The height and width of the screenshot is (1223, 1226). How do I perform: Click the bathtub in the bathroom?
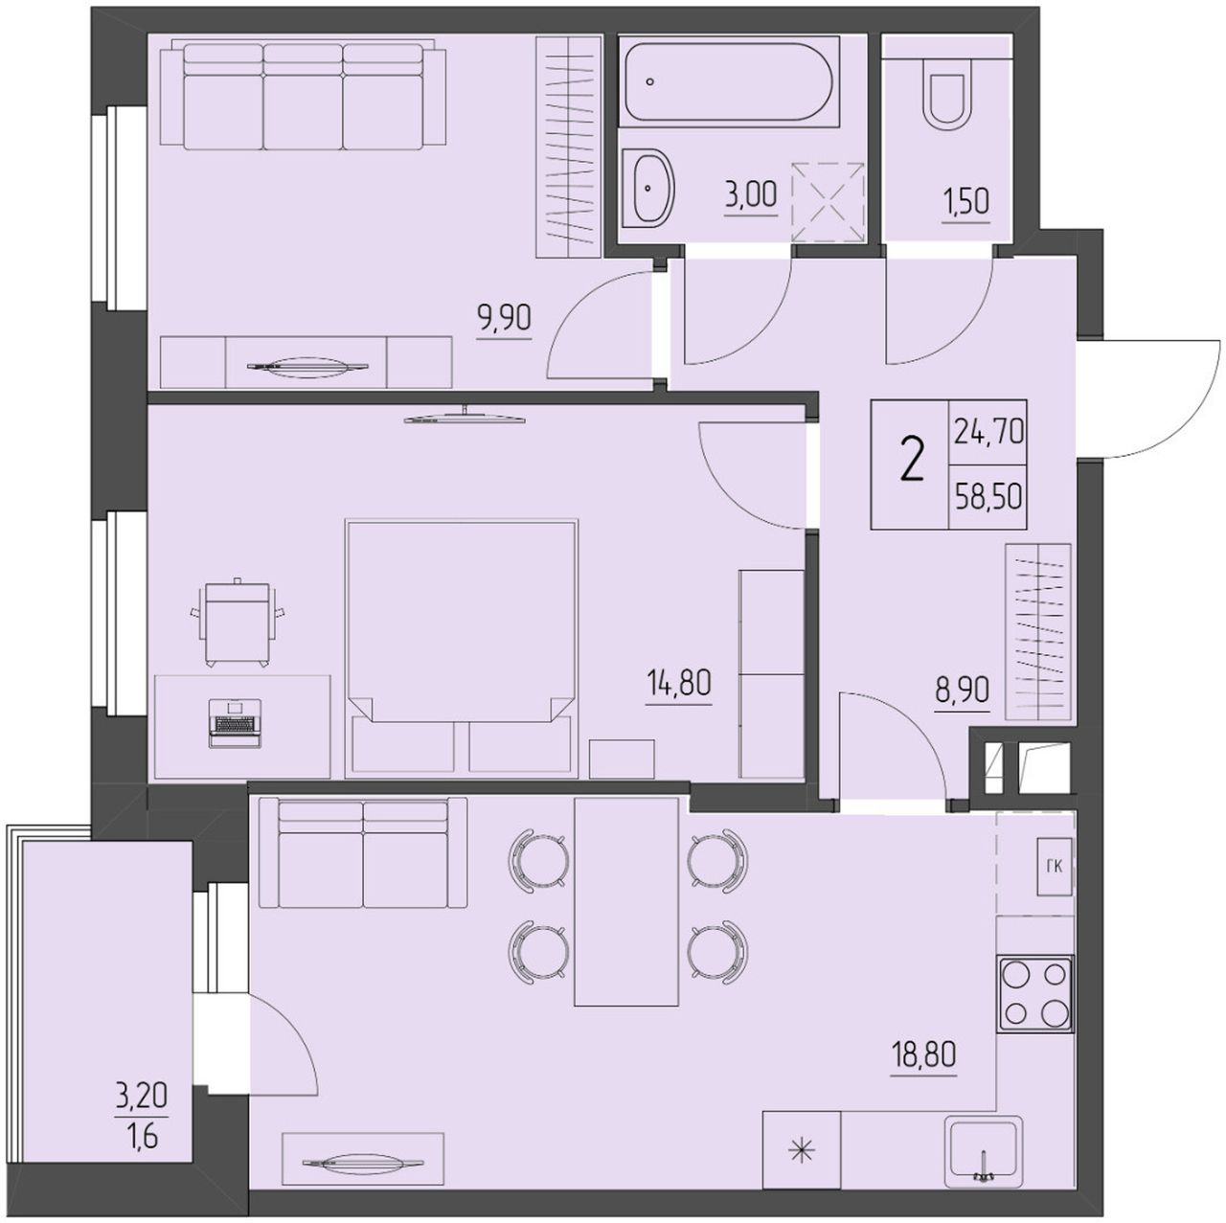(729, 80)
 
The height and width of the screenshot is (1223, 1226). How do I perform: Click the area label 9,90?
(505, 318)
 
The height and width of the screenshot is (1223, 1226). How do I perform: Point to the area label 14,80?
(678, 683)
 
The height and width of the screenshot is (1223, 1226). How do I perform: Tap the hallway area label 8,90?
(962, 689)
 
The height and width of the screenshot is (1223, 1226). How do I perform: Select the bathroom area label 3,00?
(751, 195)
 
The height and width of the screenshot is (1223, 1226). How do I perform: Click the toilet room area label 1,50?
(965, 202)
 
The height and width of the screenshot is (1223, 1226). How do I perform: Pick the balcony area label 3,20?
(141, 1096)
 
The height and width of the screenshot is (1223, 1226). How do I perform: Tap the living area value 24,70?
(988, 432)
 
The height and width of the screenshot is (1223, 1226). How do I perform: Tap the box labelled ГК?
(1055, 867)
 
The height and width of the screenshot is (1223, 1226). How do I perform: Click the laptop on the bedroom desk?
(236, 722)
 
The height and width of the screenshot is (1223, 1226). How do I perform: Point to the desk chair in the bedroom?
(238, 622)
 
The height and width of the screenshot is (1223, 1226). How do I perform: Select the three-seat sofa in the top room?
(303, 97)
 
